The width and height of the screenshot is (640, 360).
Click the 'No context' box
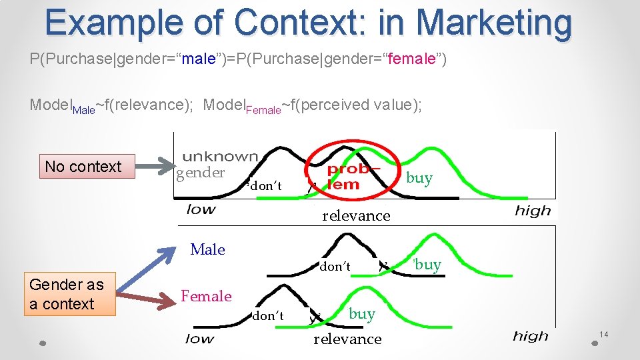[x=83, y=167]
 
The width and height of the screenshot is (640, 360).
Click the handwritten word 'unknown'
[x=219, y=157]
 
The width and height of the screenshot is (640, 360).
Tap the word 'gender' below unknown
[x=200, y=173]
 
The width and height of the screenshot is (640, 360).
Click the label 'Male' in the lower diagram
[x=207, y=249]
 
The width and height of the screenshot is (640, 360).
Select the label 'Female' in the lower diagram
[x=207, y=296]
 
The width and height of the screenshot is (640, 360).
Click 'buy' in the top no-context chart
[x=419, y=178]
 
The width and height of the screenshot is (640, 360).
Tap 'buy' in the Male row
[x=427, y=265]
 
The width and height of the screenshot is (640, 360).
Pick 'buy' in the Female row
[x=362, y=313]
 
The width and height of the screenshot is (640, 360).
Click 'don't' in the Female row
[x=268, y=316]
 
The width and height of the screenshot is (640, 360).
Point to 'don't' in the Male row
[x=335, y=267]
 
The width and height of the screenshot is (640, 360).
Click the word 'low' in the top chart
[x=201, y=209]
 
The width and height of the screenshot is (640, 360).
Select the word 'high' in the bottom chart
[x=531, y=335]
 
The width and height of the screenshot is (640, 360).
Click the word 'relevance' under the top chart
[x=356, y=215]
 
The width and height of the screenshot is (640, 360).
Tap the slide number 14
[x=604, y=333]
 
